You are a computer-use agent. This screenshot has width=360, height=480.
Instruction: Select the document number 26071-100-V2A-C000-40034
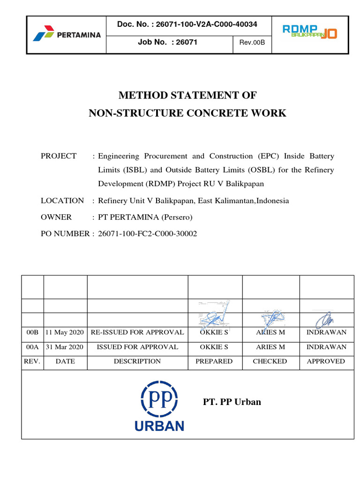point(187,24)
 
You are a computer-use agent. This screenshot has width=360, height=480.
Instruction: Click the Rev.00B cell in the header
point(252,43)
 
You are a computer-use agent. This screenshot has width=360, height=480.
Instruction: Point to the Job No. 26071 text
point(167,42)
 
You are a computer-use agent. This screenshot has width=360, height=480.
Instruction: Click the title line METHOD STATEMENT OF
point(187,96)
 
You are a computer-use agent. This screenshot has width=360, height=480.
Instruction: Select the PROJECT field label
point(59,156)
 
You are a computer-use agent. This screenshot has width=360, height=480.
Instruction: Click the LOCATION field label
point(62,201)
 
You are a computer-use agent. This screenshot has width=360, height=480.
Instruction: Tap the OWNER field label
point(56,217)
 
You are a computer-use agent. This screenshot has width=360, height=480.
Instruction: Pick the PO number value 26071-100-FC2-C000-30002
point(148,233)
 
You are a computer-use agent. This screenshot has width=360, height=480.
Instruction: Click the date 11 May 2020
point(65,332)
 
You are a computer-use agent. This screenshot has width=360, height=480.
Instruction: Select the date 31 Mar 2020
point(65,347)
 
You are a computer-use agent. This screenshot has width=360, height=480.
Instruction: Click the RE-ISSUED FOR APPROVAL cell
point(137,332)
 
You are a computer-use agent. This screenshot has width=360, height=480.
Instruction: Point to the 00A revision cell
point(32,347)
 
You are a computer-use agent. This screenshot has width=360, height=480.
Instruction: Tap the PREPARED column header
point(214,361)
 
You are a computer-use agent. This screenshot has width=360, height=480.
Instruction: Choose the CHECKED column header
point(270,361)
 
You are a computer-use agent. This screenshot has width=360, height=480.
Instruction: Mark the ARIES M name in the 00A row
point(270,347)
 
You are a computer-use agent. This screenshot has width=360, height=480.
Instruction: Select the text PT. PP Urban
point(232,402)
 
